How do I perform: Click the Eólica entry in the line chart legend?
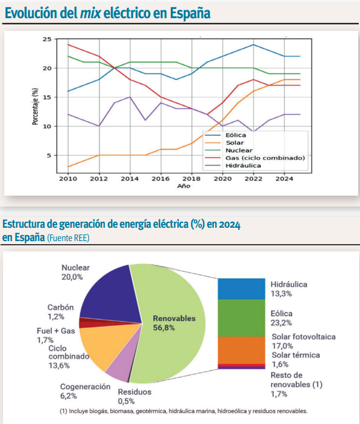click(225, 135)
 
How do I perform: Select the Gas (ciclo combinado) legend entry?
click(255, 158)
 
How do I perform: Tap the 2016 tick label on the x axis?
click(161, 179)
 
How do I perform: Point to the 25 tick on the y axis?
click(47, 39)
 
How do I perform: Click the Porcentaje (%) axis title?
click(35, 106)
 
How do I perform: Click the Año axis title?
click(184, 186)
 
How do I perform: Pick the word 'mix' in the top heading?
click(90, 13)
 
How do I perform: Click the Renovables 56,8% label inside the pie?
click(174, 323)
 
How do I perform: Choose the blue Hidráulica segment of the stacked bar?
click(241, 289)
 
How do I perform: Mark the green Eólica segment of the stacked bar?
click(241, 318)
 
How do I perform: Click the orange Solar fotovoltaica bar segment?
click(241, 350)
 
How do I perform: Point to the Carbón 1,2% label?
click(61, 312)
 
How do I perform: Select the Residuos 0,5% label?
click(135, 396)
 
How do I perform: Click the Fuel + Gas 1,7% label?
click(56, 336)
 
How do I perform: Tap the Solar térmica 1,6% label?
click(296, 360)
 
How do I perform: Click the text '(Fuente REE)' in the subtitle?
click(68, 238)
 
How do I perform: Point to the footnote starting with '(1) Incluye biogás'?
click(184, 411)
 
